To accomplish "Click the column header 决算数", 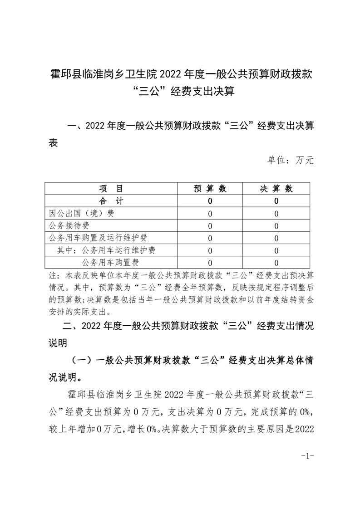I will point(276,189).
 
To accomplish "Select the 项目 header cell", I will point(111,189).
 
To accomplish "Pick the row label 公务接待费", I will point(69,225).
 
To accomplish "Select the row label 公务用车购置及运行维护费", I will point(98,238).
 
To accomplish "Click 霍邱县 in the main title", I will point(65,73).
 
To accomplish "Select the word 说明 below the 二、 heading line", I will point(58,343).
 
